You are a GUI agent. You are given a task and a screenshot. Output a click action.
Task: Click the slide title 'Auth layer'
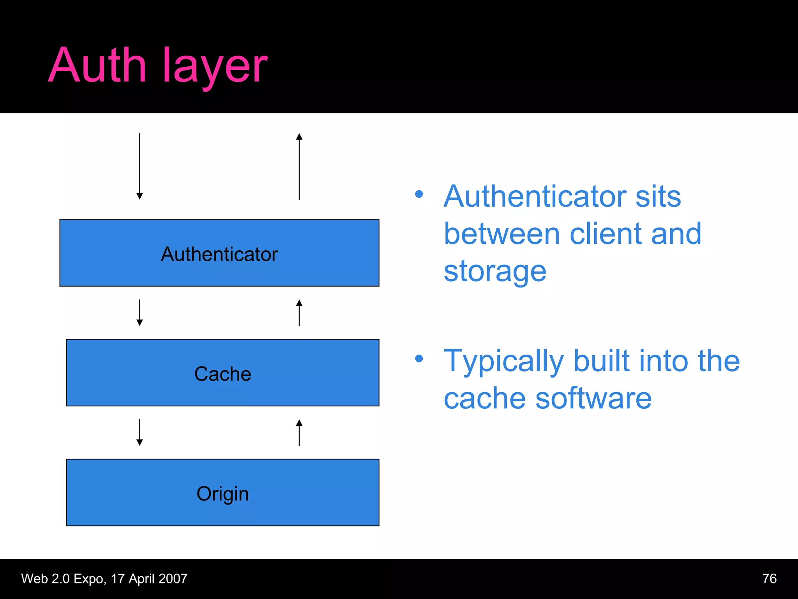coord(158,66)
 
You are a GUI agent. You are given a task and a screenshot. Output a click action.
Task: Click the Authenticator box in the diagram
coord(219,253)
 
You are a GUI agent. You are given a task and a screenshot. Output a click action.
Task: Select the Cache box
coord(222,373)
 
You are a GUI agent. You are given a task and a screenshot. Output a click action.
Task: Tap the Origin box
coord(222,493)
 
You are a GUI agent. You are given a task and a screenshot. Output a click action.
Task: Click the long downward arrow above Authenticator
coord(139,166)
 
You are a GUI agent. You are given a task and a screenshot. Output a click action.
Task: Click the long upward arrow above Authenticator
coord(299,166)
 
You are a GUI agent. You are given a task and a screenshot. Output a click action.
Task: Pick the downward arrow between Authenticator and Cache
coord(139,312)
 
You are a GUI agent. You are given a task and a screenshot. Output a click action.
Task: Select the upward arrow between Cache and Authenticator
coord(299,312)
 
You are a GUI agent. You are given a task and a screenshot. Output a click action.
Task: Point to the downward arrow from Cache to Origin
coord(139,432)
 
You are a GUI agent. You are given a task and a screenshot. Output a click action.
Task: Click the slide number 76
coord(769,578)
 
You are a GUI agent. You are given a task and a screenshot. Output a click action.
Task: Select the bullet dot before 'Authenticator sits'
coord(419,194)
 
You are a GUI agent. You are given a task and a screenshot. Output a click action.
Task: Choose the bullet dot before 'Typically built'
coord(419,358)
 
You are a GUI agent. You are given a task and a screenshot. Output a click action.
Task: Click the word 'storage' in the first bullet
coord(495,271)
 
